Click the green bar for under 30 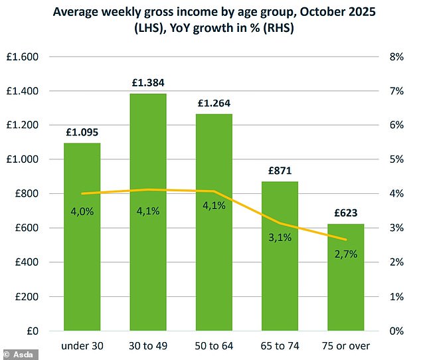(x=82, y=266)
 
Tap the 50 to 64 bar (x=214, y=266)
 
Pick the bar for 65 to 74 (x=280, y=279)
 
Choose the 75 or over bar (x=346, y=292)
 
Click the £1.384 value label (x=147, y=84)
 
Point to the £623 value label (x=346, y=215)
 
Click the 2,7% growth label (x=346, y=253)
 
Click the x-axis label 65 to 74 (x=280, y=345)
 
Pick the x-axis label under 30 (x=82, y=345)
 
